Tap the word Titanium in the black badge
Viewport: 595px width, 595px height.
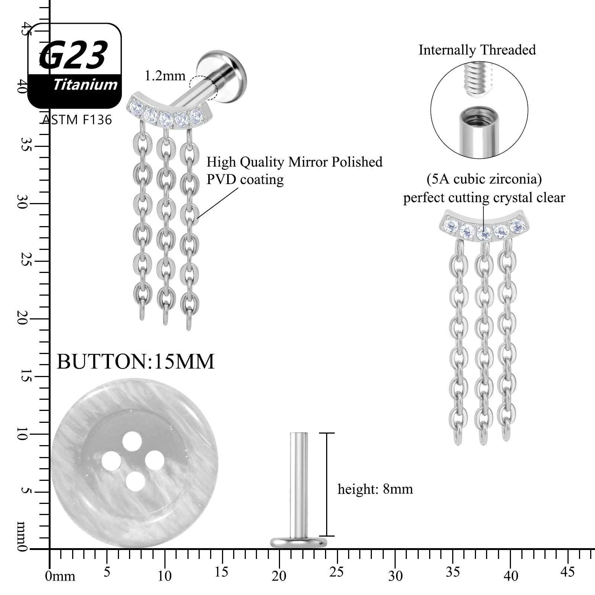tap(85, 85)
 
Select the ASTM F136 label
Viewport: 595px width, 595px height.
tap(77, 120)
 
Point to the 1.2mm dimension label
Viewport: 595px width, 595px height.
tap(165, 76)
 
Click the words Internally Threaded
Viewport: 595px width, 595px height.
tap(477, 50)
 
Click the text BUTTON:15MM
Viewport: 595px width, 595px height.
tap(136, 361)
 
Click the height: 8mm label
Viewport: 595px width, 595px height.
tap(375, 489)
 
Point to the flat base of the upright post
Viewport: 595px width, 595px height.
tap(298, 542)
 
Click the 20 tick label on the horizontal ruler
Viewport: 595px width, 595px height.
tap(279, 576)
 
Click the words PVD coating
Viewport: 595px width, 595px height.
tap(245, 179)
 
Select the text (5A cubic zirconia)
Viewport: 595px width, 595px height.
tap(484, 179)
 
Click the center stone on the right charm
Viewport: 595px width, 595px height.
tap(484, 234)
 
